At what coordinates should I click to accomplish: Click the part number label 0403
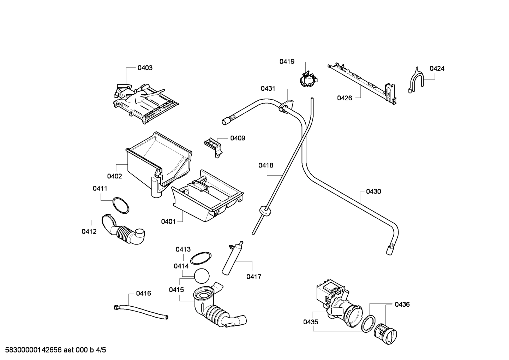pos(145,68)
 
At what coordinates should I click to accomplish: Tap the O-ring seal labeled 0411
pos(120,206)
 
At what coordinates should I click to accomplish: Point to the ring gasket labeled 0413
pos(201,258)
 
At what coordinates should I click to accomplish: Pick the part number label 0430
pos(373,191)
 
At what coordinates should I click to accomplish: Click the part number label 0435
pos(310,322)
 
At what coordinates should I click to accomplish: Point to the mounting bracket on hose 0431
pos(286,106)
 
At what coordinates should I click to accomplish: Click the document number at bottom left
pos(53,350)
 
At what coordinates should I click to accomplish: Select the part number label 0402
pos(114,176)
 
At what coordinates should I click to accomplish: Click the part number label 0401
pos(168,222)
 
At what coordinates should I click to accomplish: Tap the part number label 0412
pos(89,231)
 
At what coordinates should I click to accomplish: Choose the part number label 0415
pos(176,290)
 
